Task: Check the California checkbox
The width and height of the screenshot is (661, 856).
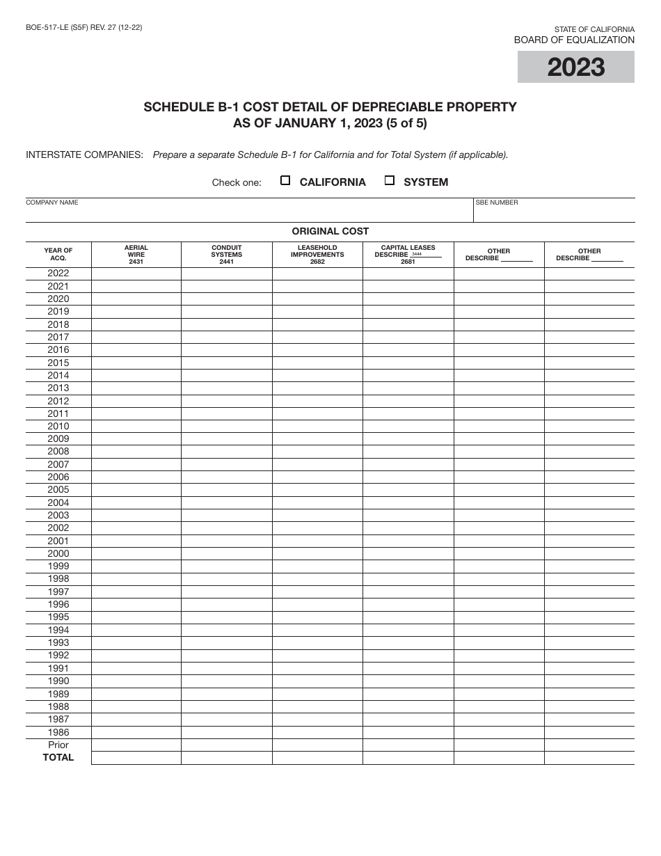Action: coord(285,181)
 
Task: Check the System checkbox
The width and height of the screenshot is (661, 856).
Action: coord(390,181)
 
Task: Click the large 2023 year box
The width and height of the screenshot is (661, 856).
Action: coord(575,68)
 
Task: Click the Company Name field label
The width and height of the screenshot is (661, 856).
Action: coord(52,203)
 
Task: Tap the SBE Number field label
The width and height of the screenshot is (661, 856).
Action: coord(497,203)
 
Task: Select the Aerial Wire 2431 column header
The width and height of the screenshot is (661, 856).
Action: coord(136,255)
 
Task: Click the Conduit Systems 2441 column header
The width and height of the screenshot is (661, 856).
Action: coord(227,255)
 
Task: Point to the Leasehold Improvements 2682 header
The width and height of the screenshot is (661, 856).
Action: coord(317,255)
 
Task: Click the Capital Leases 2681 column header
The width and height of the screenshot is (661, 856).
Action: coord(408,255)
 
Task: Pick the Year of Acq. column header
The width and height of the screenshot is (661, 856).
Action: coord(58,254)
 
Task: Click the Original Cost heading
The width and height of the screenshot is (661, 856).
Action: coord(330,231)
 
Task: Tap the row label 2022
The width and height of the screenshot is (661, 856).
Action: coord(58,274)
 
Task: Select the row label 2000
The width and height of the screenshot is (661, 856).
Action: coord(58,554)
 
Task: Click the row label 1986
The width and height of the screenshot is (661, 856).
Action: coord(58,732)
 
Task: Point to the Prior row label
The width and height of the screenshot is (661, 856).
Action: coord(58,745)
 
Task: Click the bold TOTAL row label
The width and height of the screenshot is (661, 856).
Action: coord(58,758)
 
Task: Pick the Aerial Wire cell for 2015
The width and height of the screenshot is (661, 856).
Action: coord(136,363)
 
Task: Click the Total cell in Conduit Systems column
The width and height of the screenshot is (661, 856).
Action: coord(227,758)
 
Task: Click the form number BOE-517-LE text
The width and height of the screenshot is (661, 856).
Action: coord(83,28)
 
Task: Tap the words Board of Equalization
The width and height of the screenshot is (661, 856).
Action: coord(574,40)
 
